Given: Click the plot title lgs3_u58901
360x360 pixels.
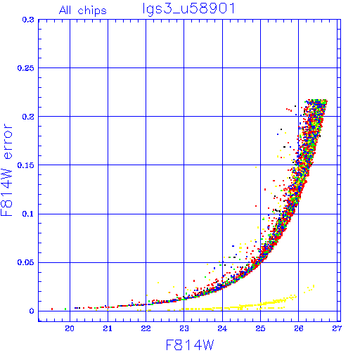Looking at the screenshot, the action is [x=188, y=9].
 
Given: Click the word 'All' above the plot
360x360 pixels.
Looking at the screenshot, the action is [x=65, y=11].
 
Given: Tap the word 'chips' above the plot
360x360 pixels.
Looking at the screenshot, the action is [x=92, y=11].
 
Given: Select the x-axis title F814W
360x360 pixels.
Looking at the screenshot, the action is [x=190, y=345].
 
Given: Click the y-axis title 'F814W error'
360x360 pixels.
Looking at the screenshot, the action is [x=6, y=169].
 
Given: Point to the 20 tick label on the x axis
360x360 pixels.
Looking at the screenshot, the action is [x=70, y=328].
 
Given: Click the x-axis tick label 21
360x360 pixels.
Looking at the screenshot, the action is [x=108, y=328].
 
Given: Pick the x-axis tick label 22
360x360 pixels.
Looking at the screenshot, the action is [x=146, y=328].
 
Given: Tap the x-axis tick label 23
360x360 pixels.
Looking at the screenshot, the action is [x=184, y=328].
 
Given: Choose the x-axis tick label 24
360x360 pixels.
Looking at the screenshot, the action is [x=222, y=328].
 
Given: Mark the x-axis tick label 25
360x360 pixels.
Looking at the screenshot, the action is [x=260, y=328].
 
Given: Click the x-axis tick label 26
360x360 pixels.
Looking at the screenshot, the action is [x=299, y=328].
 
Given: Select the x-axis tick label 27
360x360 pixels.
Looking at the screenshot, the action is [x=337, y=328].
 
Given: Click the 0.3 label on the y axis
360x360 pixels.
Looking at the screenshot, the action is [x=28, y=20].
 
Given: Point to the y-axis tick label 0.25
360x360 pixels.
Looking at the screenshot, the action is [x=26, y=68].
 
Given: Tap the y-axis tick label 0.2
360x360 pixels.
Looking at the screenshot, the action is [x=28, y=117].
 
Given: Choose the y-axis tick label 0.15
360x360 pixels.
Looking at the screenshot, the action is [x=26, y=165].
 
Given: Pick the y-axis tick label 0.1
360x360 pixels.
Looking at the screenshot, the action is [x=28, y=214].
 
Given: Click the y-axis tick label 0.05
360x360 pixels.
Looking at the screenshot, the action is [x=26, y=262].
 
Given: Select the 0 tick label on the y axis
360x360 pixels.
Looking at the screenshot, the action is [x=32, y=311].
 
